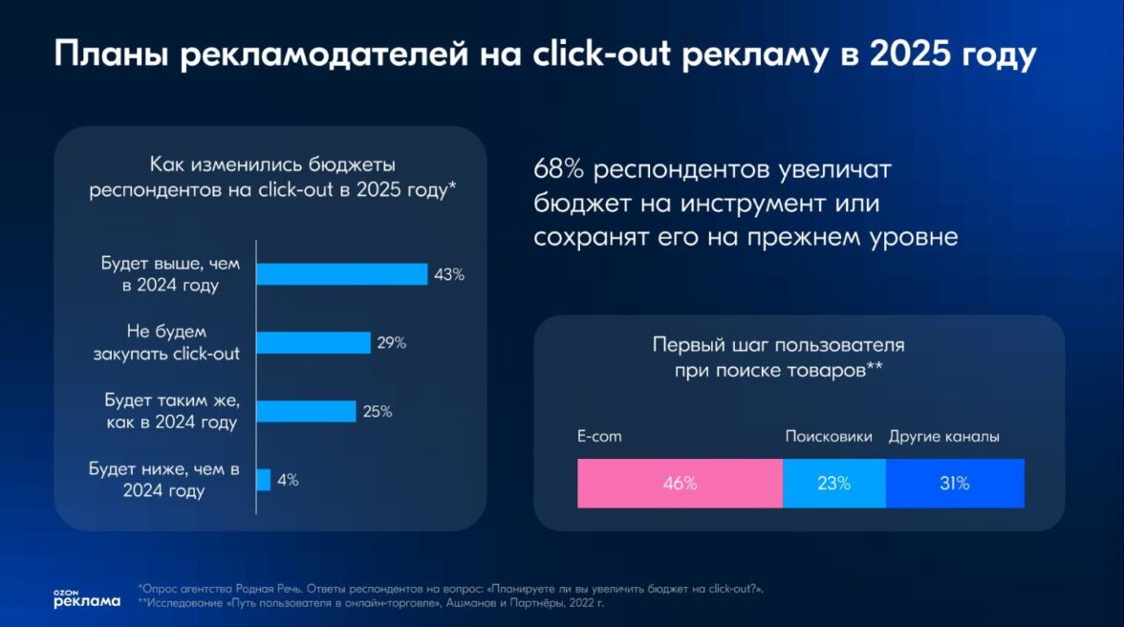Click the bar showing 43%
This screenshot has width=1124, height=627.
click(x=341, y=274)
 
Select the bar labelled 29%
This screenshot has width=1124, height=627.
click(x=313, y=343)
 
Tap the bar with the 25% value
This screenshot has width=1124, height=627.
click(x=306, y=412)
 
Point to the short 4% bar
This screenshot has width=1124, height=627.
click(x=263, y=480)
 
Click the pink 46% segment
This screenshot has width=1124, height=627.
click(x=680, y=484)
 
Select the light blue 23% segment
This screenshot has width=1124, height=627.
click(x=833, y=484)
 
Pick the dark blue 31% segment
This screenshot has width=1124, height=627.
click(x=954, y=484)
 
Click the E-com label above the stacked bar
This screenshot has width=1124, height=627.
click(x=599, y=437)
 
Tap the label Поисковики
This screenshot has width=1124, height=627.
click(x=829, y=437)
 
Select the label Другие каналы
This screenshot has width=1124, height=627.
click(x=944, y=437)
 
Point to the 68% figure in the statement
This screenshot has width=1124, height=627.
click(x=558, y=170)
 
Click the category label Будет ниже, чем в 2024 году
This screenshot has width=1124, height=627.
click(x=164, y=480)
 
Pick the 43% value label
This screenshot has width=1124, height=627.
click(x=448, y=274)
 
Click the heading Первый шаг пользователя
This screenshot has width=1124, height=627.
click(x=778, y=346)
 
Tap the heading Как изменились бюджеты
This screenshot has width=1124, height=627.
click(x=272, y=164)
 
